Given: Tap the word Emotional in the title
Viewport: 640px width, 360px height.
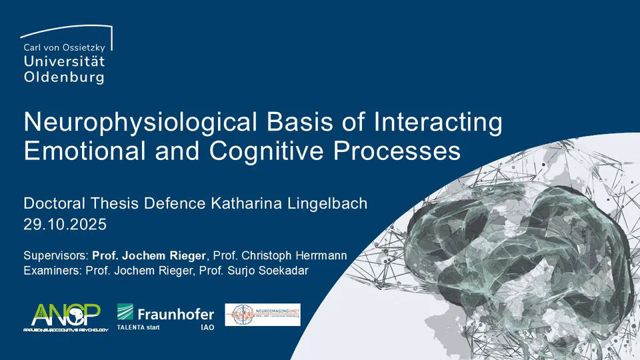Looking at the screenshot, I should [x=83, y=151].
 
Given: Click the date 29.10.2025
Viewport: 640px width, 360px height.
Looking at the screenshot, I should [x=65, y=225].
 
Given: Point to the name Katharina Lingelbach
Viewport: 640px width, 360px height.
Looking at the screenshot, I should [x=293, y=203].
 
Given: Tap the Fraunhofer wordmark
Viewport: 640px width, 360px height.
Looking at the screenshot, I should [x=175, y=313].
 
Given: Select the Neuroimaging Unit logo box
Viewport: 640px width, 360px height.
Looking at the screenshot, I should [x=262, y=315].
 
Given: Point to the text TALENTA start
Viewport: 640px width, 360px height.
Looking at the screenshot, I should [x=138, y=328].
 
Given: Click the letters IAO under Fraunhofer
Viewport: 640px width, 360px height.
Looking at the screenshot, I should [x=207, y=329].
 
